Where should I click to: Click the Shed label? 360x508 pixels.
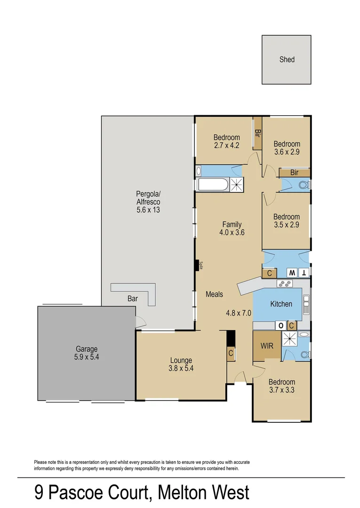pyautogui.click(x=287, y=59)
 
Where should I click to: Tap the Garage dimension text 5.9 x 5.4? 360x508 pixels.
pyautogui.click(x=87, y=357)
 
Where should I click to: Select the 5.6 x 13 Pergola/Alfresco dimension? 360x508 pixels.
pyautogui.click(x=148, y=210)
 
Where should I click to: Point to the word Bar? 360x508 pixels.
pyautogui.click(x=133, y=299)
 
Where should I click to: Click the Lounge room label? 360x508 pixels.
pyautogui.click(x=181, y=361)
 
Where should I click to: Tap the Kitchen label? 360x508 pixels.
pyautogui.click(x=281, y=304)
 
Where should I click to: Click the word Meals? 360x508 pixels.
pyautogui.click(x=214, y=294)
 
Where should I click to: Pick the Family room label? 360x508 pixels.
pyautogui.click(x=232, y=224)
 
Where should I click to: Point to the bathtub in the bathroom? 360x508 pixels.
pyautogui.click(x=214, y=184)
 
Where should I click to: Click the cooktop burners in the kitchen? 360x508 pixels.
pyautogui.click(x=285, y=283)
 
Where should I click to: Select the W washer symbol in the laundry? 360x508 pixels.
pyautogui.click(x=292, y=273)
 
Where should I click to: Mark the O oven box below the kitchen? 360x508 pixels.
pyautogui.click(x=281, y=325)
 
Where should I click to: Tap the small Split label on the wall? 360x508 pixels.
pyautogui.click(x=201, y=266)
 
